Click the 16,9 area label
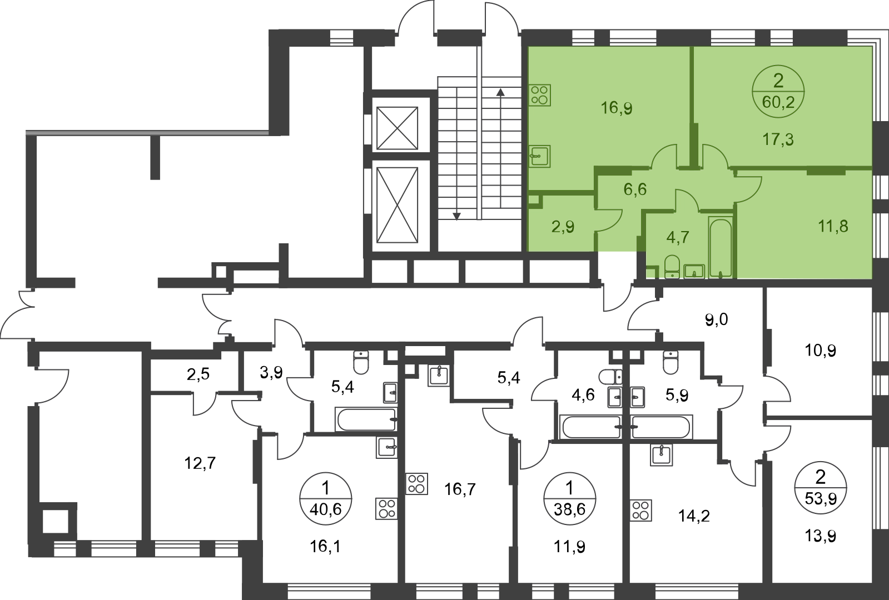617,108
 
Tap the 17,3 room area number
778,139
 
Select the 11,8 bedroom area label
833,226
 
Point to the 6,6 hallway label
635,189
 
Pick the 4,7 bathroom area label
677,237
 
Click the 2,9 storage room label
563,226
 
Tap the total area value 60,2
778,102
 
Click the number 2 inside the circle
778,82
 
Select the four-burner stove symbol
540,95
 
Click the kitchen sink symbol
540,156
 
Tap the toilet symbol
671,267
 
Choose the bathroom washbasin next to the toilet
694,271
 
